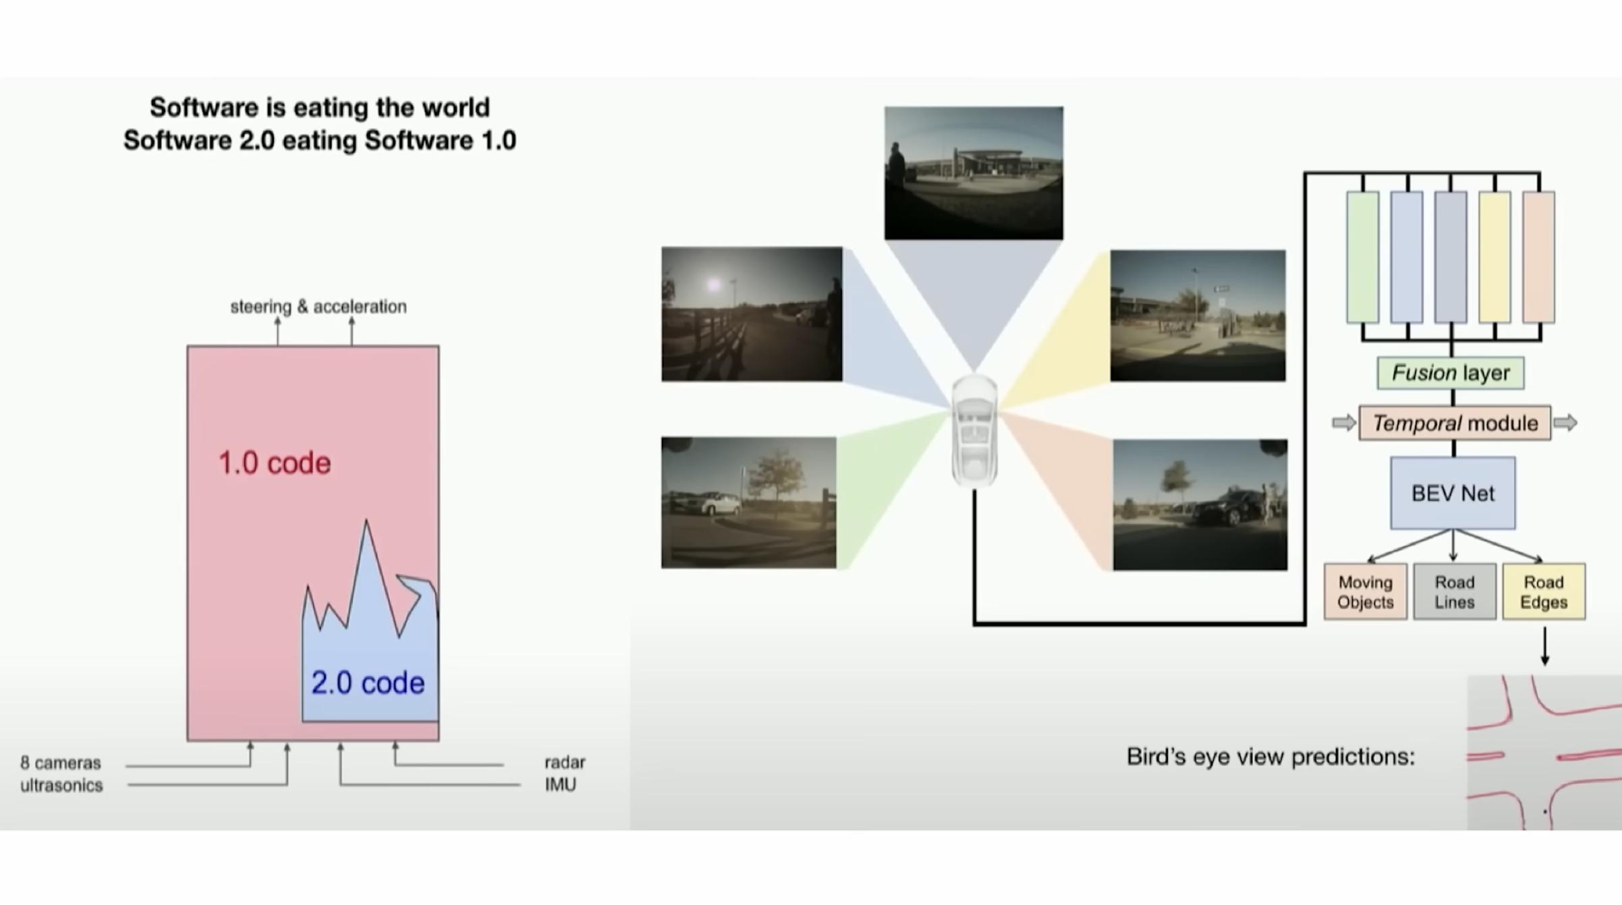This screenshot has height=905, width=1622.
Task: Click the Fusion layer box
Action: point(1450,373)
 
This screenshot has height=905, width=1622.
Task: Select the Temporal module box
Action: point(1454,423)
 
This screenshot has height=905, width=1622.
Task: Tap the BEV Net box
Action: point(1453,493)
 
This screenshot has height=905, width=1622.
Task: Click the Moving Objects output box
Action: point(1365,591)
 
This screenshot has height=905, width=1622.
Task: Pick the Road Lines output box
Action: point(1454,591)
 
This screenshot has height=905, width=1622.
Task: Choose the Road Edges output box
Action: point(1544,591)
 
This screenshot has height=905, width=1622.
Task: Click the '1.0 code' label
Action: point(275,463)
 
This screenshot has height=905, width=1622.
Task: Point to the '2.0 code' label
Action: point(368,683)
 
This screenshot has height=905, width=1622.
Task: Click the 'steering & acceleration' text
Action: point(318,307)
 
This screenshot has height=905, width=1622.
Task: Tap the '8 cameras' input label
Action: point(61,763)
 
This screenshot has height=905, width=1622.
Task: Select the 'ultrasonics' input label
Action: point(61,785)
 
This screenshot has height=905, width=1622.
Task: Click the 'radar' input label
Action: point(565,762)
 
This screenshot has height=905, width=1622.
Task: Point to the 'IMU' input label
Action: point(560,784)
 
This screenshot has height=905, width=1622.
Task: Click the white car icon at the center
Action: point(974,432)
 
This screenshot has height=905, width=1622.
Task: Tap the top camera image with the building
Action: point(974,173)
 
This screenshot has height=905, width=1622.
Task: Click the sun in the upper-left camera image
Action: point(712,285)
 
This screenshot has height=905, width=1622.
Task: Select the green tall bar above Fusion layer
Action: point(1362,257)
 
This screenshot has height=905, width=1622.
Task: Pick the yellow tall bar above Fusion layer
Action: point(1494,257)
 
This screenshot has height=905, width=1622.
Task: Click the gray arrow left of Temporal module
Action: point(1344,423)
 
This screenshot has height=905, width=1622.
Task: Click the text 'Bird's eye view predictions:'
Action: point(1270,757)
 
